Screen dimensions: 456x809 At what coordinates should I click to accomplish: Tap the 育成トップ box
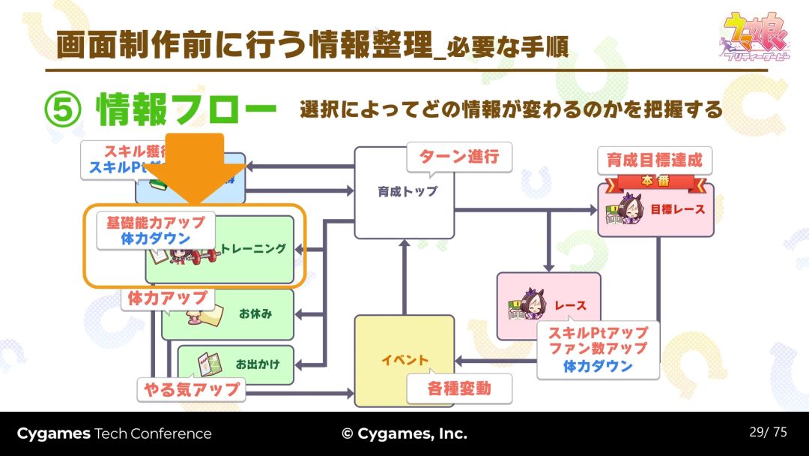(x=404, y=192)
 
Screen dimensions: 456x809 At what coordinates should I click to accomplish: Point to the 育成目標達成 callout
(x=654, y=160)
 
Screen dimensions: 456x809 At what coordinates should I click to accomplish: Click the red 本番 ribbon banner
(x=655, y=181)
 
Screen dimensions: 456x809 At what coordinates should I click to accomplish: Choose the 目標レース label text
(x=679, y=209)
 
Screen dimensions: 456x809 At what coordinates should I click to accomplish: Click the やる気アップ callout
(x=192, y=388)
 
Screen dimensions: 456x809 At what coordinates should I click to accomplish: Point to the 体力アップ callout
(x=167, y=298)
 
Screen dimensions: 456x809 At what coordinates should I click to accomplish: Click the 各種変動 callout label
(x=459, y=388)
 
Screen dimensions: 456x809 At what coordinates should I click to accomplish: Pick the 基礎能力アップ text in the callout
(x=155, y=223)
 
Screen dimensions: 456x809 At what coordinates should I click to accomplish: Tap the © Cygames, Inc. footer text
(x=404, y=433)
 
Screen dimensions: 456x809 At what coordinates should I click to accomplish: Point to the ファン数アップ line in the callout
(x=598, y=349)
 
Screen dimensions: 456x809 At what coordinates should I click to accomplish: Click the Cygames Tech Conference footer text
(x=114, y=433)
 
